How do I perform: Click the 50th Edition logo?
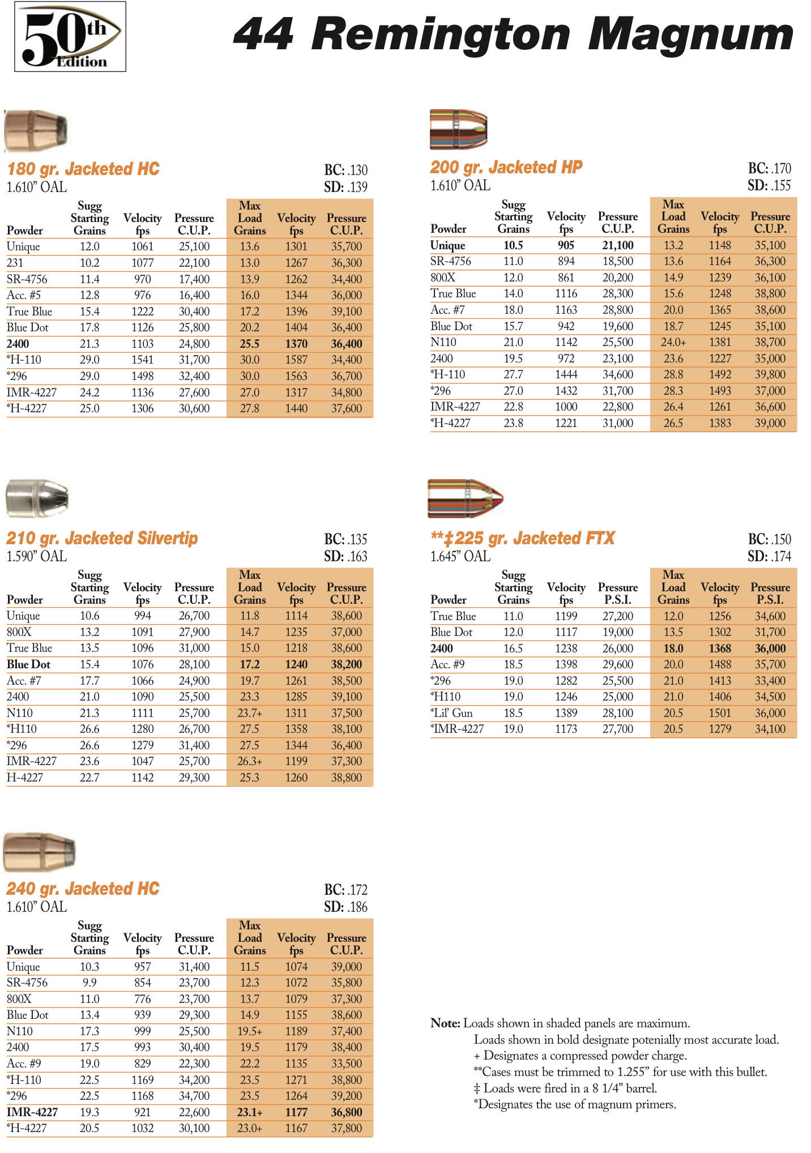point(70,37)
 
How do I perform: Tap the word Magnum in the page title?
point(690,35)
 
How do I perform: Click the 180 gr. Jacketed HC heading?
point(83,169)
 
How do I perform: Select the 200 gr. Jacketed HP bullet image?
point(458,129)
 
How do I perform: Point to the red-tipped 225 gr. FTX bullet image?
point(465,498)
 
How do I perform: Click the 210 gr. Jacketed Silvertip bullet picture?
point(37,498)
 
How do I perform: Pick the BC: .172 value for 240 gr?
point(345,890)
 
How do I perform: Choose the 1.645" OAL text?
point(460,556)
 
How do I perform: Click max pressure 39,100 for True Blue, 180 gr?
point(346,311)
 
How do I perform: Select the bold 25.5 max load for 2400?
point(249,344)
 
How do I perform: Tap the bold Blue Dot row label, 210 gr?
point(28,664)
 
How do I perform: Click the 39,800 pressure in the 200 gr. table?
point(770,374)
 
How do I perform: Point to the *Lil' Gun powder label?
point(451,713)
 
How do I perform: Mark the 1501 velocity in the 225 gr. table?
point(720,713)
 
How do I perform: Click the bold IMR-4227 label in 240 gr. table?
point(32,1112)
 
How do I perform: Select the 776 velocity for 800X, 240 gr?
point(143,999)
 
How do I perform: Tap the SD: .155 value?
point(769,185)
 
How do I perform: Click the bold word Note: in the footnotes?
point(445,1023)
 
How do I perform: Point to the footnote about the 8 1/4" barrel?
point(565,1088)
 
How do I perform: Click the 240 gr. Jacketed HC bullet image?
point(39,851)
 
